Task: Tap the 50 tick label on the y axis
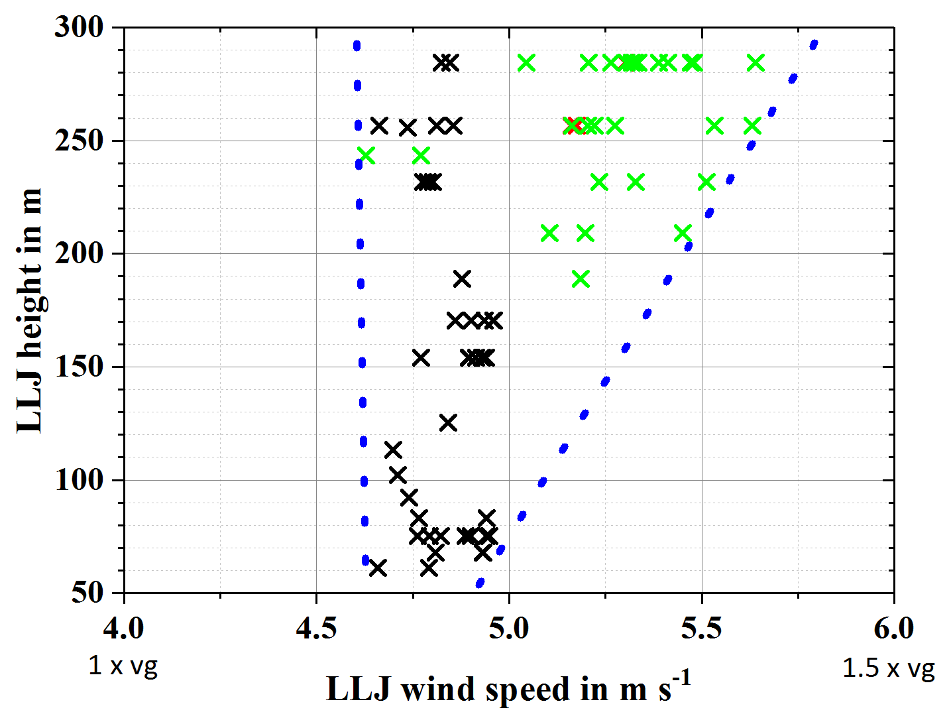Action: pyautogui.click(x=87, y=593)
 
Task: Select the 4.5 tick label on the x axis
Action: pyautogui.click(x=316, y=628)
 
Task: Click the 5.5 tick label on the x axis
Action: pyautogui.click(x=701, y=628)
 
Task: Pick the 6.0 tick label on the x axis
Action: pyautogui.click(x=893, y=628)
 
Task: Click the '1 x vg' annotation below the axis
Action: pyautogui.click(x=123, y=666)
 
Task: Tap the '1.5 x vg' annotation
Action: pyautogui.click(x=888, y=668)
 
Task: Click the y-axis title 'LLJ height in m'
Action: pyautogui.click(x=29, y=310)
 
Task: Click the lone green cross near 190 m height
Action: pyautogui.click(x=581, y=279)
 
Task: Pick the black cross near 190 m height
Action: pyautogui.click(x=462, y=278)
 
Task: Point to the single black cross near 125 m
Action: pyautogui.click(x=448, y=422)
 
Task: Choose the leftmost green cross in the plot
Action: pyautogui.click(x=366, y=156)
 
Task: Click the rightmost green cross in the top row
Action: pyautogui.click(x=755, y=63)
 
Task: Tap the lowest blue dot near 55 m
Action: pyautogui.click(x=480, y=583)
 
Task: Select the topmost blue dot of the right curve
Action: pyautogui.click(x=814, y=44)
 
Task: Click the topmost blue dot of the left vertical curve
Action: pyautogui.click(x=357, y=46)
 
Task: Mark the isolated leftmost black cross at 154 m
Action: pyautogui.click(x=421, y=358)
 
